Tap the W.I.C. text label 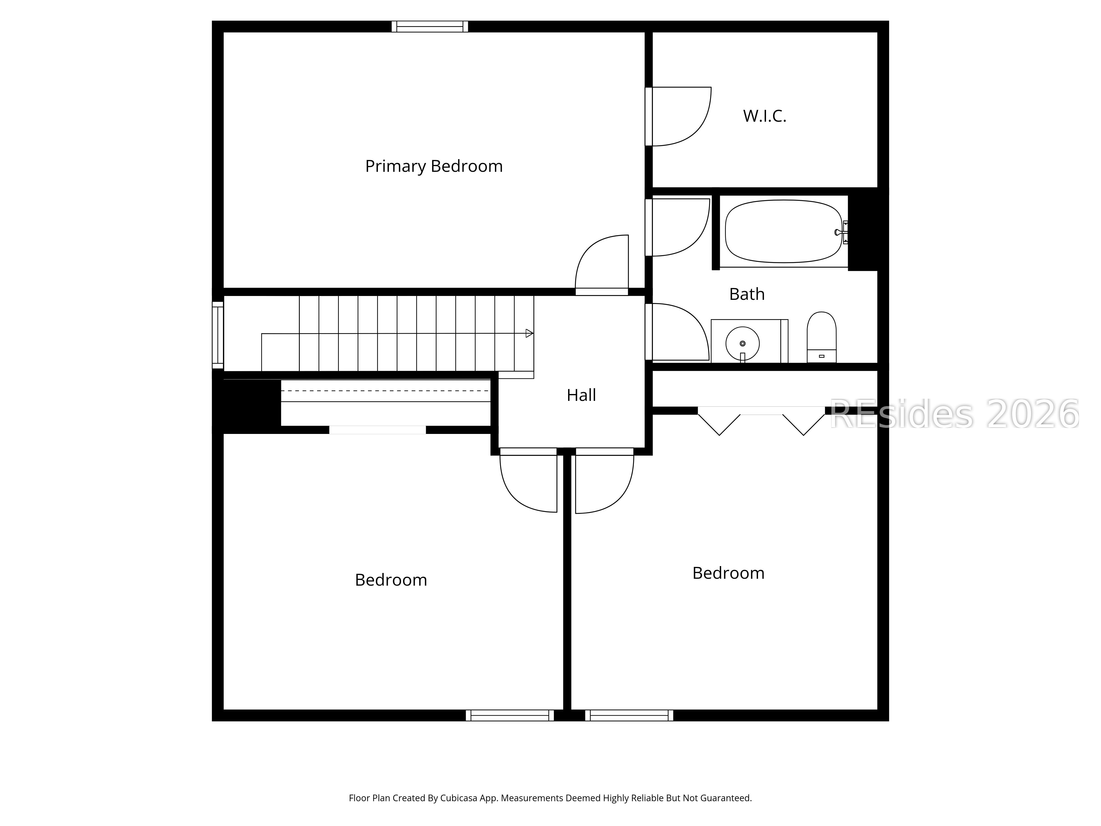[765, 116]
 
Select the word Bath [746, 294]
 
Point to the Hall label [581, 395]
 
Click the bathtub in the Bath [783, 232]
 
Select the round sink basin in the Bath [742, 343]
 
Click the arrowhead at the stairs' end [529, 333]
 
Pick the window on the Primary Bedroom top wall [430, 26]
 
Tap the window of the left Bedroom [510, 716]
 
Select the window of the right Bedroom [629, 716]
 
